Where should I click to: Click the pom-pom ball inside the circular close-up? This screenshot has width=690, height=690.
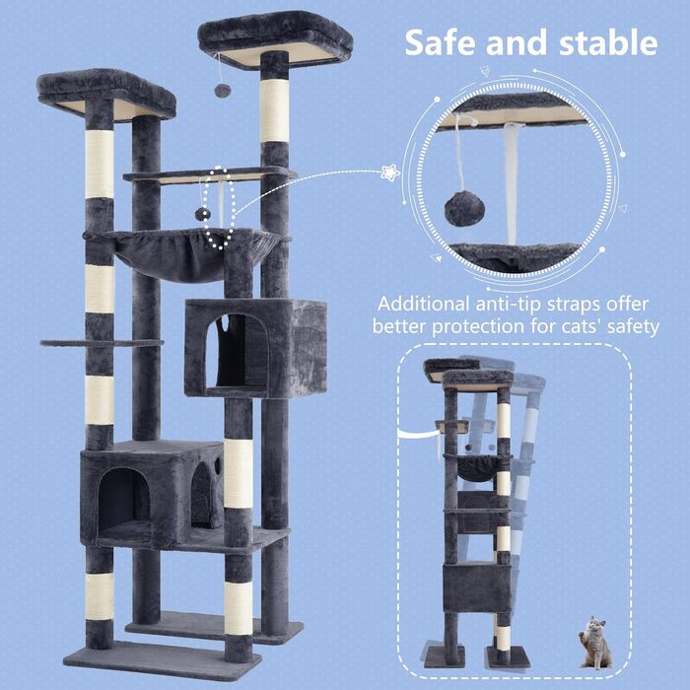[464, 208]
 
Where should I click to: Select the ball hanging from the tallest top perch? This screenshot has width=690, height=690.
[222, 91]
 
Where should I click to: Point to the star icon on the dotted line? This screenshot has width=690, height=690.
[390, 172]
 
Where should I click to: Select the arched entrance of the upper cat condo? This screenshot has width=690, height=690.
[237, 351]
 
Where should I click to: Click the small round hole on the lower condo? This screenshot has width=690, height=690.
[218, 465]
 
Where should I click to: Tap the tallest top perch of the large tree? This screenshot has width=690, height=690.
[275, 39]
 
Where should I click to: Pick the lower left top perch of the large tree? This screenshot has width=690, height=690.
[106, 95]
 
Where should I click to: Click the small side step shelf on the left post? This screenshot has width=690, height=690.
[102, 342]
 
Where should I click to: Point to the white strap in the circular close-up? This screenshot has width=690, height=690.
[512, 182]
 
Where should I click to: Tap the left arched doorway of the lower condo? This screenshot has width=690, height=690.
[123, 498]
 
